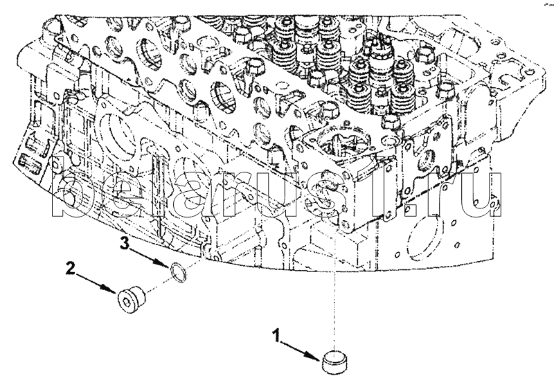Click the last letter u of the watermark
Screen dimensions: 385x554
pyautogui.click(x=484, y=197)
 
